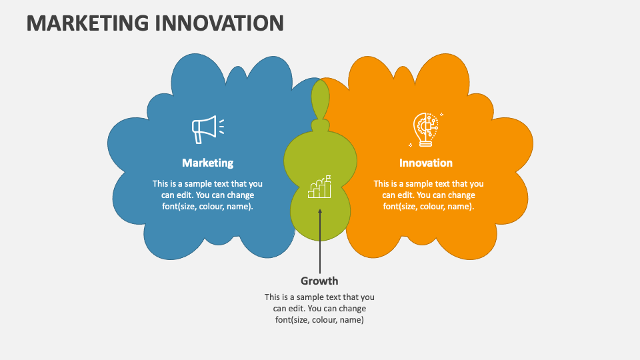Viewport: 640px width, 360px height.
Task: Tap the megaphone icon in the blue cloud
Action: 205,129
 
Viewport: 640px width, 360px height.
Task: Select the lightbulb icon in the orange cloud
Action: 425,129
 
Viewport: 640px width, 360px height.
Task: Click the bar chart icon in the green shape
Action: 319,188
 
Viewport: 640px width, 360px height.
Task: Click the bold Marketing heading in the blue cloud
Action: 207,163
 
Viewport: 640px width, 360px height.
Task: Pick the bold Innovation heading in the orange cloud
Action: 425,163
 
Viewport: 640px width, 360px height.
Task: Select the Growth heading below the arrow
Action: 319,281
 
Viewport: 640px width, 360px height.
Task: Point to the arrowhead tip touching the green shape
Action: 319,211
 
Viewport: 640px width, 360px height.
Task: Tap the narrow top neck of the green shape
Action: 321,100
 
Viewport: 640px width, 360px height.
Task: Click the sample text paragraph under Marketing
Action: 207,195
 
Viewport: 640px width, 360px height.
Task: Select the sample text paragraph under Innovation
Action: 428,195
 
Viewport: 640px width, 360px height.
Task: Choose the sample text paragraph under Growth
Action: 319,309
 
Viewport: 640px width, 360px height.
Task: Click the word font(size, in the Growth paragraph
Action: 294,320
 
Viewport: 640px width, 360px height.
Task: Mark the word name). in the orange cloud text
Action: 461,207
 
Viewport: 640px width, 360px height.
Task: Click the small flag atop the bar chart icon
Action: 327,178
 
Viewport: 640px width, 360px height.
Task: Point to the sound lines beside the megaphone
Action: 221,126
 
